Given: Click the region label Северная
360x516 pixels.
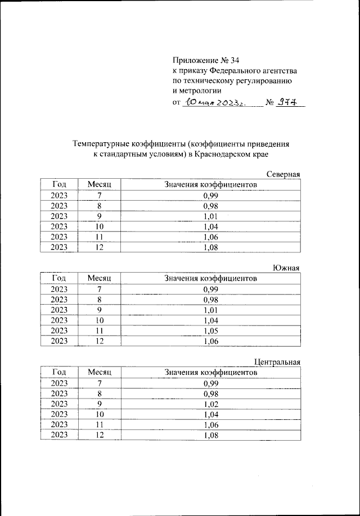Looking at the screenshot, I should [283, 174].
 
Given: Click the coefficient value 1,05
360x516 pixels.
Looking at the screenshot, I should [210, 331].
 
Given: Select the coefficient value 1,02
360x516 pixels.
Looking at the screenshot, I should [210, 403].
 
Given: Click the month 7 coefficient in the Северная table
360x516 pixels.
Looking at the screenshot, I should [210, 196].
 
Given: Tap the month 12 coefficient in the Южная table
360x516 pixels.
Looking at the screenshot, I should [210, 341].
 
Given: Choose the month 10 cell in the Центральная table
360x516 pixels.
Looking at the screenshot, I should [100, 413].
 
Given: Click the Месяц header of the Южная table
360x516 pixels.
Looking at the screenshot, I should [100, 278].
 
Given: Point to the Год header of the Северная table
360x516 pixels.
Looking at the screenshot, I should [59, 185].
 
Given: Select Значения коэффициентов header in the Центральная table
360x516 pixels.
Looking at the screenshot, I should [210, 372].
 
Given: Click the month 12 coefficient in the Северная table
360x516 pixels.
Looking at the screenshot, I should [210, 247].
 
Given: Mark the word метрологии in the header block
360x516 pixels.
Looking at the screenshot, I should [196, 90].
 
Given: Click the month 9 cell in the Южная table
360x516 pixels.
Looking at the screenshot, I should [100, 310].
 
